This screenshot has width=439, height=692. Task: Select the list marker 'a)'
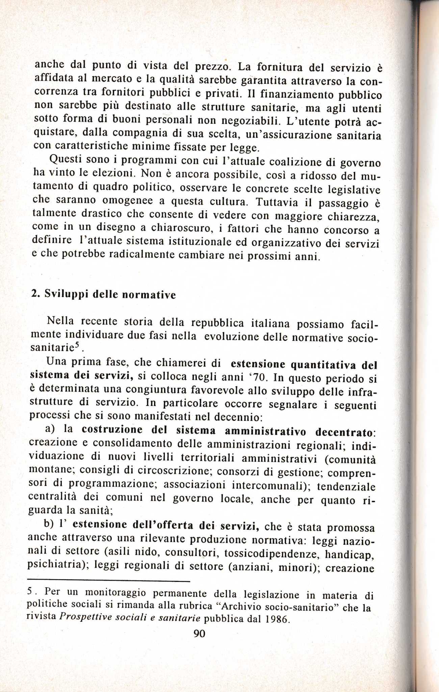pos(50,429)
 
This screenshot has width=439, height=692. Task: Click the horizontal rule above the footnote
pos(109,581)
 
